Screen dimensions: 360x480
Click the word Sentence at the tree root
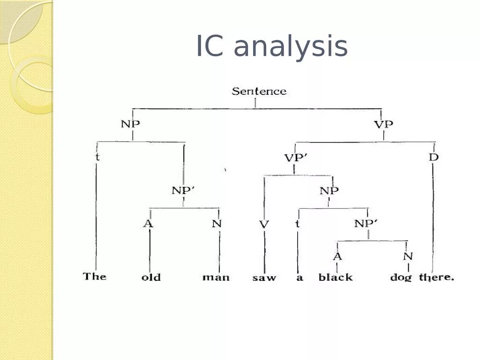coord(259,91)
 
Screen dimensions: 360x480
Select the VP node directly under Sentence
coord(383,124)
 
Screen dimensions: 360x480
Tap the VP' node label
coord(296,157)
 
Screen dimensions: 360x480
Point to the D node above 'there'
coord(434,157)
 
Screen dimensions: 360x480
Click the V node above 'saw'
coord(264,224)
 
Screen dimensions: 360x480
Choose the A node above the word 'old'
coord(148,224)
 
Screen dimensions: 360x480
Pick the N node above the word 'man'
coord(217,224)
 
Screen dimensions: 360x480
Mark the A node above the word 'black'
coord(337,256)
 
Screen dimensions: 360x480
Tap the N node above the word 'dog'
coord(408,256)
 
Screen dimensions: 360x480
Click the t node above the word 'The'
coord(97,157)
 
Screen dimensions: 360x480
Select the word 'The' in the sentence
coord(95,276)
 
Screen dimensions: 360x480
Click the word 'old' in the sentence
coord(151,277)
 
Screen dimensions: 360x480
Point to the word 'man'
coord(216,277)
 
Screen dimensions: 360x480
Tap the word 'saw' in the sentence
coord(264,277)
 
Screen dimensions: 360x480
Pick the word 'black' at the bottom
coord(336,277)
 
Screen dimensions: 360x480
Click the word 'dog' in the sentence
coord(401,277)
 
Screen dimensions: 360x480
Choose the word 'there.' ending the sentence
coord(436,277)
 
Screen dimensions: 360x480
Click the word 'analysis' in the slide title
coord(290,47)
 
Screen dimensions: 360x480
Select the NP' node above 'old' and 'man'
coord(183,190)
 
